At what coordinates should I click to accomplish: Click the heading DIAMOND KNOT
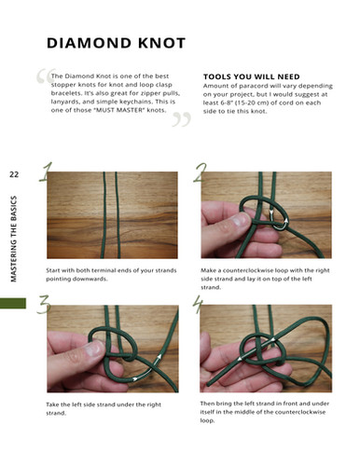coord(116,44)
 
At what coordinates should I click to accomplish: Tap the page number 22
coord(14,174)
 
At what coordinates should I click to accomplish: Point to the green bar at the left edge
coord(13,304)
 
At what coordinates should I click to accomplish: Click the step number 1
coord(43,173)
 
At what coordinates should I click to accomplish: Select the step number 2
coord(201,173)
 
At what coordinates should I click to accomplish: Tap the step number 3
coord(42,307)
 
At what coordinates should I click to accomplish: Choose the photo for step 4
coord(265,349)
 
